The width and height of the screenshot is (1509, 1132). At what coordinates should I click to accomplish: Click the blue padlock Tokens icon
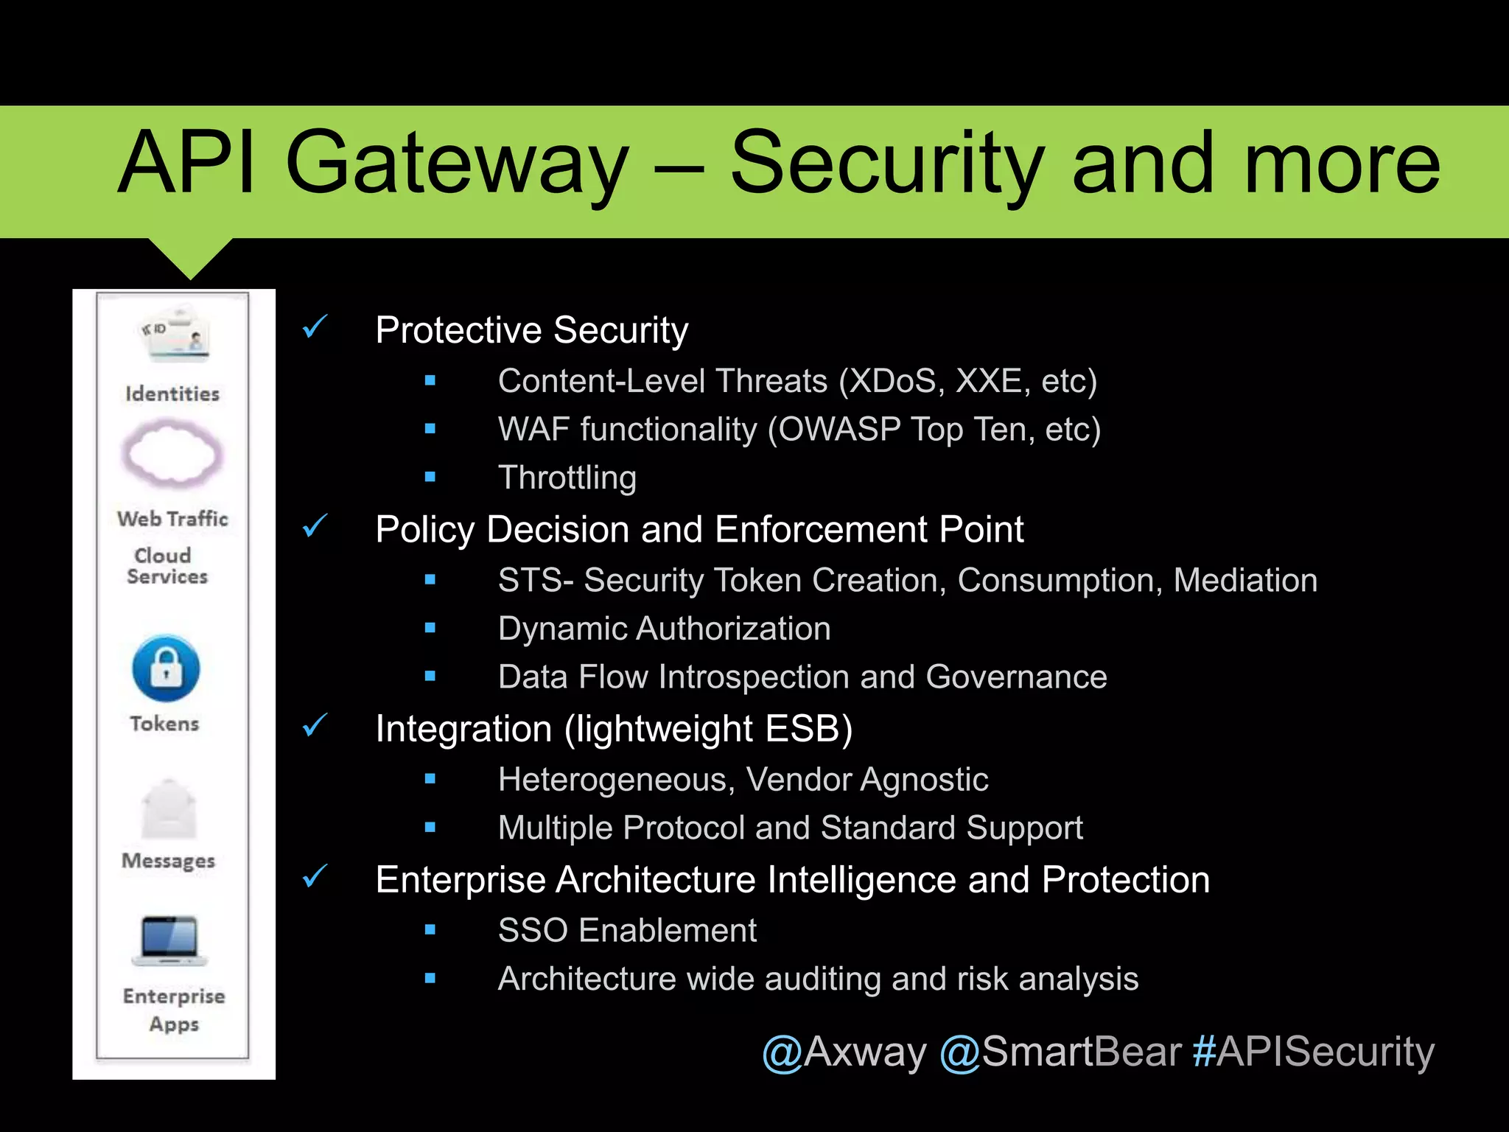(166, 668)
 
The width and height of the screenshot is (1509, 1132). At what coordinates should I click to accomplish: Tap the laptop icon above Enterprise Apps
(169, 940)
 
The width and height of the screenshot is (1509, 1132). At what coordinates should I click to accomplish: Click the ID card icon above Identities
(175, 336)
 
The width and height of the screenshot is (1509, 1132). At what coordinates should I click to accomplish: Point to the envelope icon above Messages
(169, 810)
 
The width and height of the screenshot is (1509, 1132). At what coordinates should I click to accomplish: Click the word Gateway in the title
(457, 164)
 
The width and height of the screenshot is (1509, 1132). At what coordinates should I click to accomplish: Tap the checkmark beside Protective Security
(315, 326)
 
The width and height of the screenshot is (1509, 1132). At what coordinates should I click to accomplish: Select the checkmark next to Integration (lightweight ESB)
(315, 726)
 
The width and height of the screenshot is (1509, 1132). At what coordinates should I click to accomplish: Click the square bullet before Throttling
(430, 478)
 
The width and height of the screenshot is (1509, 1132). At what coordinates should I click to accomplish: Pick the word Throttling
(567, 478)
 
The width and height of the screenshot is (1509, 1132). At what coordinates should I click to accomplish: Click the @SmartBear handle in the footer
(1060, 1052)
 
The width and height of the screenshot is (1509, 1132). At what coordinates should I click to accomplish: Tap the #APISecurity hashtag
(1313, 1052)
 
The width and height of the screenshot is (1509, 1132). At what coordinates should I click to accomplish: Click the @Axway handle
(844, 1052)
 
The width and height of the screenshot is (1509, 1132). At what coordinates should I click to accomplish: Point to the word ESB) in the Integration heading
(808, 729)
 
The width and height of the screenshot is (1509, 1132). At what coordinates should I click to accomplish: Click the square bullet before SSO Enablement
(430, 931)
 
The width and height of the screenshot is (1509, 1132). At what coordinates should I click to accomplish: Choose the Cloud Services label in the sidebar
(167, 566)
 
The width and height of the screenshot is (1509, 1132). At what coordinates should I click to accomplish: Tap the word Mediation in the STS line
(1245, 580)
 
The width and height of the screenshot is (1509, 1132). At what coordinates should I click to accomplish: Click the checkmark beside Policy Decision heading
(315, 526)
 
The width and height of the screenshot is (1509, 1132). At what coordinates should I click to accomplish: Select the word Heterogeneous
(616, 780)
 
